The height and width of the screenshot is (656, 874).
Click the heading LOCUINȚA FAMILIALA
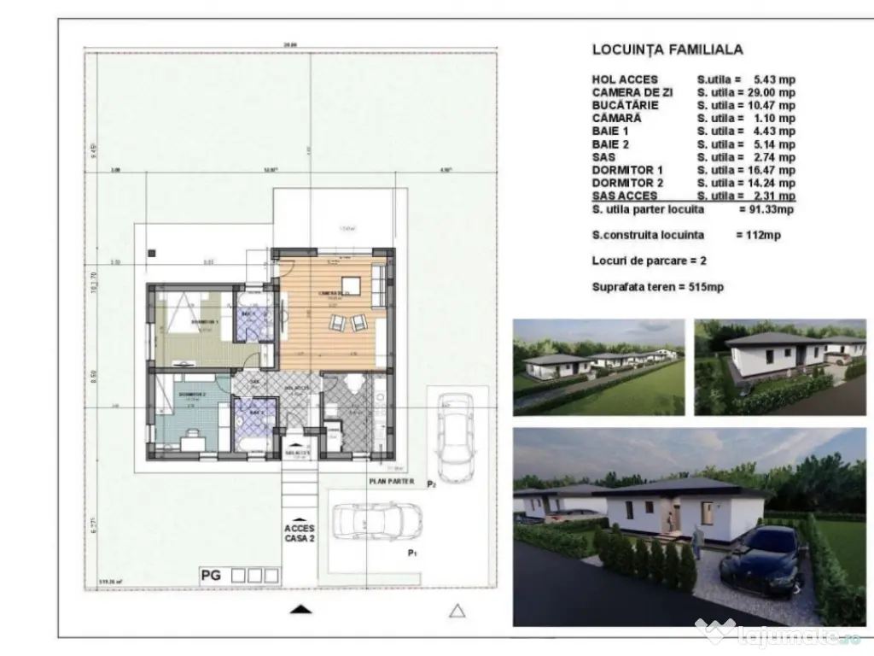click(x=667, y=50)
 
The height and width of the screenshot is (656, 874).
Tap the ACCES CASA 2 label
click(x=299, y=535)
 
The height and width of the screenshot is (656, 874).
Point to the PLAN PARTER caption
click(x=391, y=482)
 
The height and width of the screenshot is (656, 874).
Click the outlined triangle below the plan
click(x=457, y=610)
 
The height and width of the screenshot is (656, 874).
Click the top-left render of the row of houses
click(x=598, y=366)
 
